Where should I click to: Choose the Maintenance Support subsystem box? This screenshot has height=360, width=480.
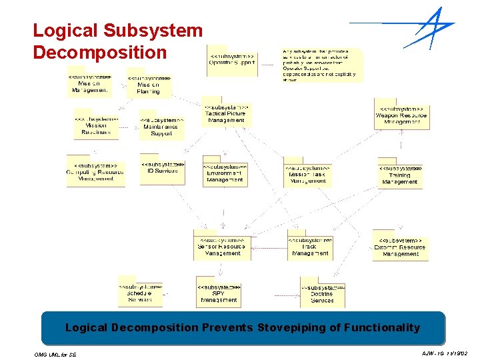coord(161,127)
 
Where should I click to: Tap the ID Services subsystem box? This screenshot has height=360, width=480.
coord(162,169)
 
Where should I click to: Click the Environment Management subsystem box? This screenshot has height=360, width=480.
coord(225,173)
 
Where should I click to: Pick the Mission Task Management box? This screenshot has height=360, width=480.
coord(308,175)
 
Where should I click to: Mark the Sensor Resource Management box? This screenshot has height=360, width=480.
coord(223,247)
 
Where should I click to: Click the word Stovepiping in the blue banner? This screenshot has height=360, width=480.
coord(287,327)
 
